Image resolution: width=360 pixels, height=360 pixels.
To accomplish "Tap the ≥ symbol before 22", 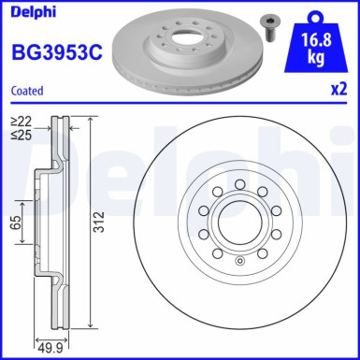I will pyautogui.click(x=16, y=121).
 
